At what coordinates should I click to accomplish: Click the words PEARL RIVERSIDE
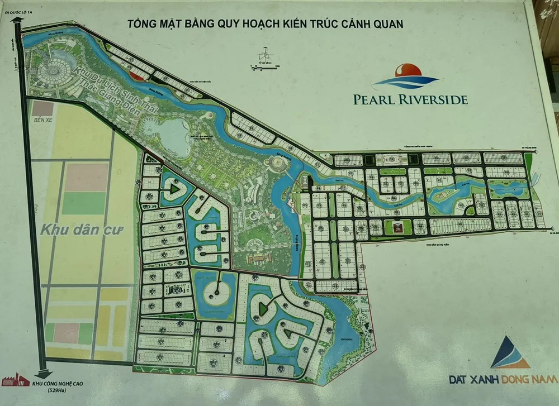pyautogui.click(x=410, y=99)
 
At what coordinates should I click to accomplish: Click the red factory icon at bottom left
pyautogui.click(x=15, y=380)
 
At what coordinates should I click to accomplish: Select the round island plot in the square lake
pyautogui.click(x=213, y=288)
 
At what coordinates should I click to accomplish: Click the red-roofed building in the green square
pyautogui.click(x=397, y=227)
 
